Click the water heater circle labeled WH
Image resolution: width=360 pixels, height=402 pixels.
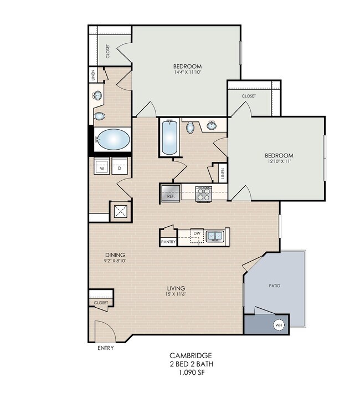coord(279,325)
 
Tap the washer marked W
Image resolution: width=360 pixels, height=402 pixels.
coord(102,166)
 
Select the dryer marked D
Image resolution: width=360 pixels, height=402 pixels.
coord(120,166)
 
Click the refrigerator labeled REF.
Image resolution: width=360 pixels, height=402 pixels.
coord(171,193)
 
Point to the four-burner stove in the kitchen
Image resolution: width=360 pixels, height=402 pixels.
coord(204,194)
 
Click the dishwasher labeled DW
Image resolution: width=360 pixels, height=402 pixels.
coord(197,236)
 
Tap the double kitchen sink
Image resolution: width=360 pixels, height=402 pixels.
coord(215,236)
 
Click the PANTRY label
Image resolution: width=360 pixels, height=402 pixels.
coord(168,242)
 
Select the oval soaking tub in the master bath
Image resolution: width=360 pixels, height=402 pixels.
coord(114,140)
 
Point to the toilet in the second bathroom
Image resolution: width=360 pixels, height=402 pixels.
coord(190,127)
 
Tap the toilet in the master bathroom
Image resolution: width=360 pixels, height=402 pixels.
coord(99,116)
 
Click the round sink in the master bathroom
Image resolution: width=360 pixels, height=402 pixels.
coord(97,95)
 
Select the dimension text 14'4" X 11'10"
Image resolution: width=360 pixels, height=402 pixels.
coord(187,72)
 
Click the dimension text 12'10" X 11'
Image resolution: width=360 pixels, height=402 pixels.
coord(279,161)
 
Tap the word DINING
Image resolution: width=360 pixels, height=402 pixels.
coord(115,255)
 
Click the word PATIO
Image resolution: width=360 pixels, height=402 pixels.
coord(275,286)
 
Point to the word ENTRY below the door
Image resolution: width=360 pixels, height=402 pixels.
coord(105,348)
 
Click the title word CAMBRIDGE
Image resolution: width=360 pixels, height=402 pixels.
coord(191,355)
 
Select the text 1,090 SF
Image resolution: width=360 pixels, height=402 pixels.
coord(192,372)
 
